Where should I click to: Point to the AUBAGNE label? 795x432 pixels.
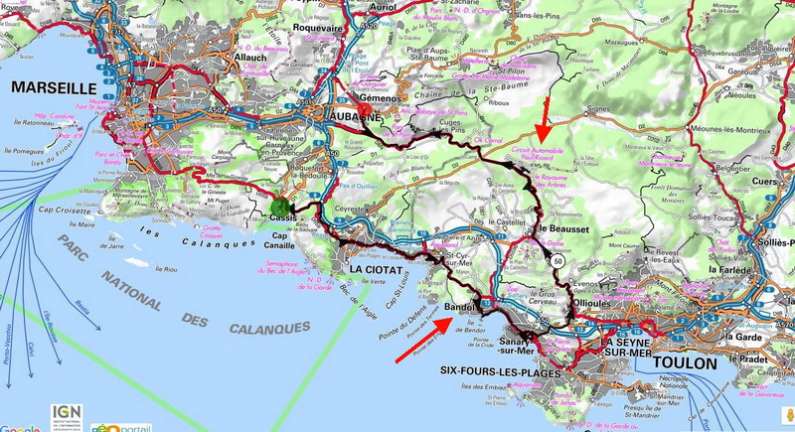tap(356, 117)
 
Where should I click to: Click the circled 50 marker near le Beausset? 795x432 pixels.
tap(559, 260)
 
